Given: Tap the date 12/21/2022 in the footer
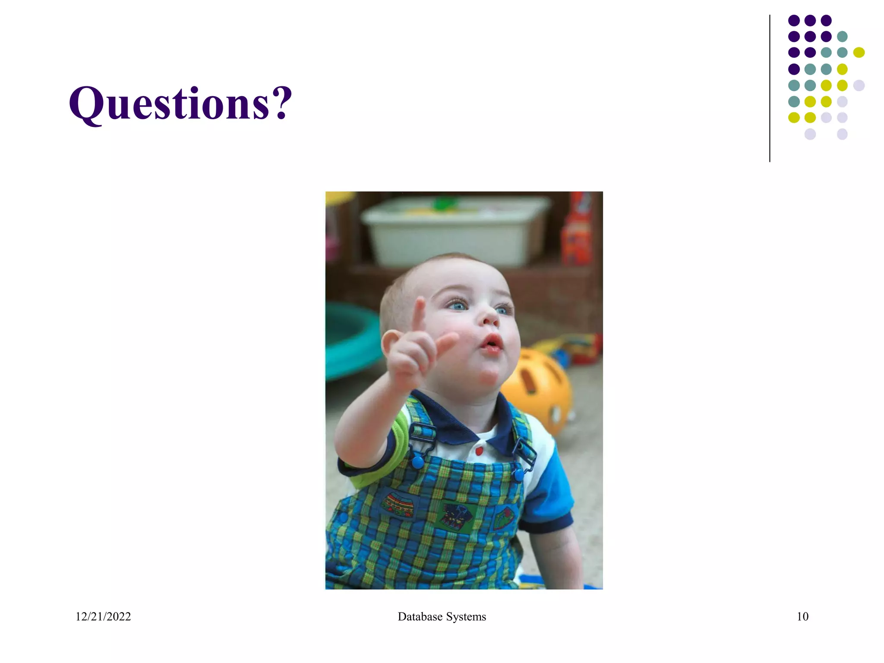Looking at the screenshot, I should pos(103,616).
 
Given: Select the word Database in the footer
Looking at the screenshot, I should pos(420,616).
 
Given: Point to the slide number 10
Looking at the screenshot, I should pos(802,616).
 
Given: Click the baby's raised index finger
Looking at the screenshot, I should pos(418,315).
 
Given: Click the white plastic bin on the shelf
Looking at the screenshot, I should pos(453,231).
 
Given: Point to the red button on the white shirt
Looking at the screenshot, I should pos(479,451).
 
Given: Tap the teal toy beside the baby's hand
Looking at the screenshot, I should pos(350,341).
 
